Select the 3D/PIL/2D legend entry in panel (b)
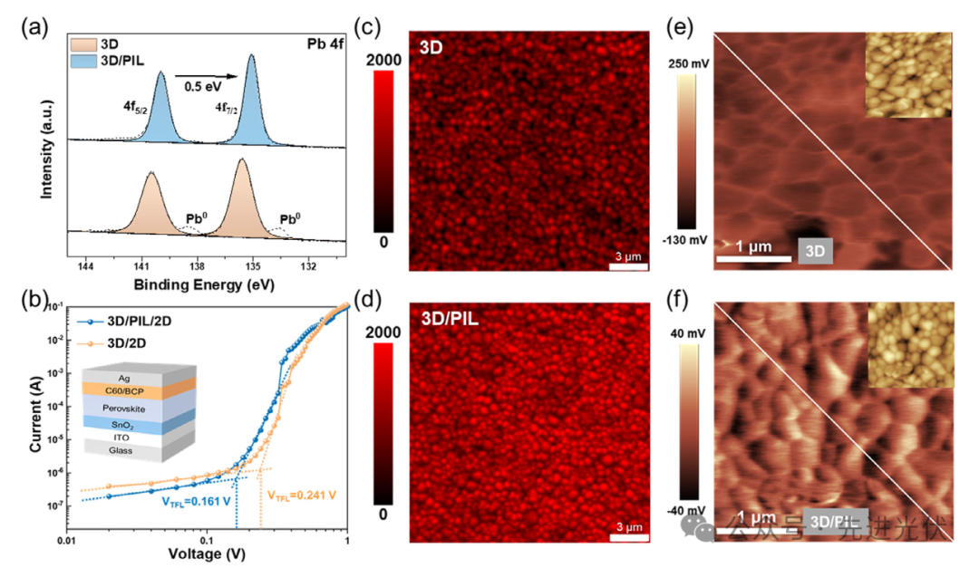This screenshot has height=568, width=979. click(x=132, y=321)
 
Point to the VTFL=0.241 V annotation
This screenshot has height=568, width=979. click(x=301, y=495)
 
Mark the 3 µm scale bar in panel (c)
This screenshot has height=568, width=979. click(x=628, y=260)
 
